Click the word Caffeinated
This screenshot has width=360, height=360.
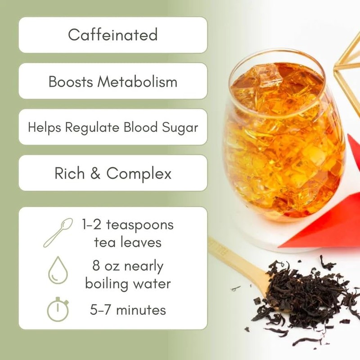coord(112,35)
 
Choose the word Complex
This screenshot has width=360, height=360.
coord(139,174)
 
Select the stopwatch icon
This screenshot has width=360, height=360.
coord(58,310)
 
